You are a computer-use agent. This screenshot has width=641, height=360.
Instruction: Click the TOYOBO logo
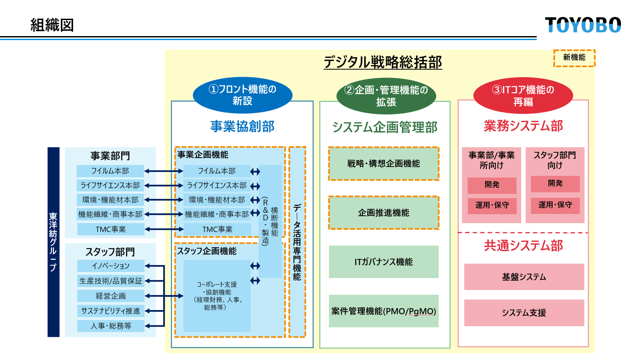[x=583, y=25]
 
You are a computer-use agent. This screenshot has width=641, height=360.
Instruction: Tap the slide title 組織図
[x=52, y=25]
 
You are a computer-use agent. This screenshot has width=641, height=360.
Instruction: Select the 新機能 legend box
[x=574, y=57]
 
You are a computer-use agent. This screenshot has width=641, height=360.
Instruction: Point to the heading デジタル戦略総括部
[x=382, y=63]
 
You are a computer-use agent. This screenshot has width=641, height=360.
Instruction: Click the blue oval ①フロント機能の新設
[x=242, y=95]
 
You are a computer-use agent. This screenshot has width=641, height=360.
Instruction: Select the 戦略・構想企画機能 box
[x=384, y=164]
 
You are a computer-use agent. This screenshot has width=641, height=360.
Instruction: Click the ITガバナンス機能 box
[x=384, y=262]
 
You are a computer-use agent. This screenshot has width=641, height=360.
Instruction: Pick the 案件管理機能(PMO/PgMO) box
[x=384, y=311]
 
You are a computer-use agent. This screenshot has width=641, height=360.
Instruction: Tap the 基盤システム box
[x=524, y=277]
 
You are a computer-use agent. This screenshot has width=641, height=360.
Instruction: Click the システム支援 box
[x=524, y=313]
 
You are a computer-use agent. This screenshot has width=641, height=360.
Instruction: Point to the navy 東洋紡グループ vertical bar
[x=53, y=242]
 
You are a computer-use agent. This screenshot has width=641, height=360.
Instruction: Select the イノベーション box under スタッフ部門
[x=111, y=266]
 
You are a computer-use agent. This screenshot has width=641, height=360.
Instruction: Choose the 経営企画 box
[x=111, y=296]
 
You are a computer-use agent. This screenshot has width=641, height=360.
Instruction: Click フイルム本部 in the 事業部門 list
[x=111, y=171]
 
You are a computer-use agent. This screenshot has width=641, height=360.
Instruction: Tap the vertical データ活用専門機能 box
[x=297, y=242]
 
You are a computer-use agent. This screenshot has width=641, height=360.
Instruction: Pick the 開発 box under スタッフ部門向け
[x=555, y=184]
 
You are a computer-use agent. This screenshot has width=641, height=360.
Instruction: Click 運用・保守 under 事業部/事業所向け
[x=492, y=206]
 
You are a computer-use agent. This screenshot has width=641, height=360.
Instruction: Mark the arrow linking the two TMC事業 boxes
[x=164, y=229]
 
